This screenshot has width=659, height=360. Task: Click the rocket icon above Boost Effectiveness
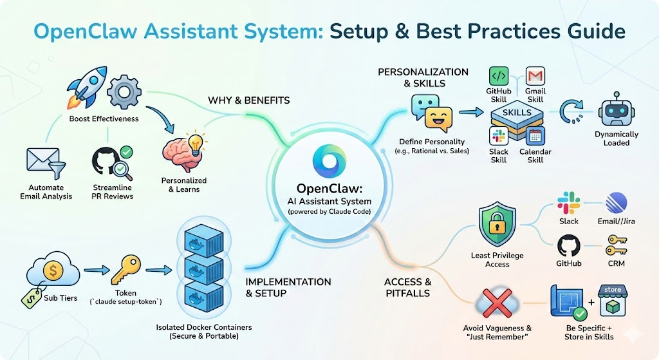pyautogui.click(x=86, y=87)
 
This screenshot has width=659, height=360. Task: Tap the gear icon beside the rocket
pyautogui.click(x=124, y=91)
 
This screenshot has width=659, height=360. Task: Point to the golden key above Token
pyautogui.click(x=125, y=270)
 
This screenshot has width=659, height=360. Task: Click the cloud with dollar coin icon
pyautogui.click(x=53, y=270)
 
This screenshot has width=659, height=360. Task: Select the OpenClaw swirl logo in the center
pyautogui.click(x=329, y=161)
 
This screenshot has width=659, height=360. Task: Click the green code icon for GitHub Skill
pyautogui.click(x=499, y=76)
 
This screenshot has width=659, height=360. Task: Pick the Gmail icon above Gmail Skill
pyautogui.click(x=535, y=76)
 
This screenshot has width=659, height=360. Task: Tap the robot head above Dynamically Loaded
pyautogui.click(x=617, y=109)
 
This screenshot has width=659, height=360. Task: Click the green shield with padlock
pyautogui.click(x=497, y=223)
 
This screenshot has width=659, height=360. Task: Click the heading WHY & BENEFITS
pyautogui.click(x=249, y=100)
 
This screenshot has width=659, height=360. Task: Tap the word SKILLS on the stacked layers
pyautogui.click(x=517, y=113)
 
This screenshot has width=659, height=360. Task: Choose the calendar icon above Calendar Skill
pyautogui.click(x=535, y=136)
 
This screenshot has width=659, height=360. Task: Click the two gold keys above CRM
pyautogui.click(x=616, y=245)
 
